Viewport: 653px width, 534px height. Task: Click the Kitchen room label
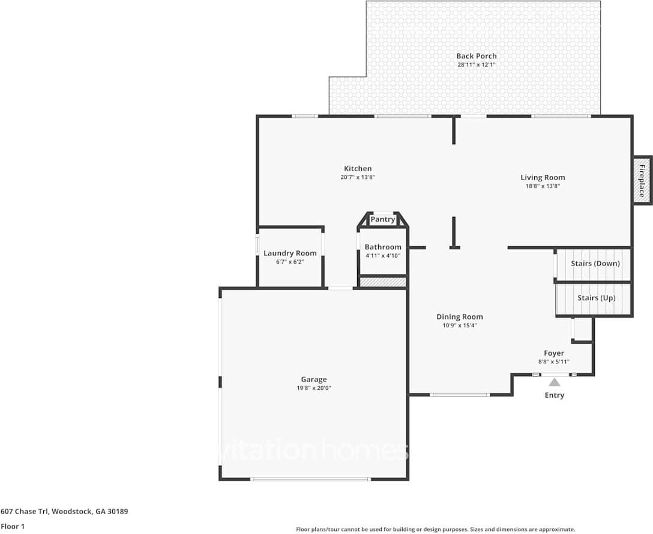[358, 168]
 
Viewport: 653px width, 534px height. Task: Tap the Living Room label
[543, 177]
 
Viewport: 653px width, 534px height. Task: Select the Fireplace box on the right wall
[642, 180]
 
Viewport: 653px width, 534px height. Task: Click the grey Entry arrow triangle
[555, 382]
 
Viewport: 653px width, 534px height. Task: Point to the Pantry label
[383, 219]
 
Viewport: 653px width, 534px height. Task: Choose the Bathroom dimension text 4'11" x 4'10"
[383, 255]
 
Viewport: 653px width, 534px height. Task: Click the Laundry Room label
[290, 253]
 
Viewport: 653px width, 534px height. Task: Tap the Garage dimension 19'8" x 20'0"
[314, 388]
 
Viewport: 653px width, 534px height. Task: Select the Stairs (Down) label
[595, 264]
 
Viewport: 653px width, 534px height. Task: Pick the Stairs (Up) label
[597, 298]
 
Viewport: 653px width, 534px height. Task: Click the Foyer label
[554, 353]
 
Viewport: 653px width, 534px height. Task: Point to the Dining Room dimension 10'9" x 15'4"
[460, 326]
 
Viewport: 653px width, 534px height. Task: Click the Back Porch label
[477, 56]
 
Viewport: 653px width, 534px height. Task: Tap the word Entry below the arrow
[555, 395]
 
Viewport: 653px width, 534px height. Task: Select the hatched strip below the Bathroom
[383, 282]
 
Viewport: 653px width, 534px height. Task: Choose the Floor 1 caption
[13, 527]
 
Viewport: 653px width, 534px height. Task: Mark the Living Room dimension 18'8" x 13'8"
[543, 186]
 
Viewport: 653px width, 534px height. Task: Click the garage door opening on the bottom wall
[311, 479]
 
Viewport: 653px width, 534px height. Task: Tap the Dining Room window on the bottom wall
[460, 395]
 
